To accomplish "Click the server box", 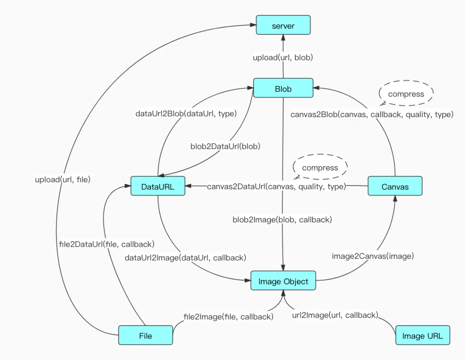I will point(283,25).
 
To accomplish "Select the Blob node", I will point(283,89).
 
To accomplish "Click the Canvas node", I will point(395,186).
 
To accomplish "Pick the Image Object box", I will point(283,281).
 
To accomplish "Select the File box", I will point(146,335).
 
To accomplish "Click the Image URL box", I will point(422,335).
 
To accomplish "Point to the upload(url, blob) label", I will point(282,57).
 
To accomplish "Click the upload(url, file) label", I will point(63,180).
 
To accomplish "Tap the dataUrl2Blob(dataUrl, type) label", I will point(186,114).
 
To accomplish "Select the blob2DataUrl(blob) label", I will point(225,146).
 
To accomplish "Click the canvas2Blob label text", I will point(372,114).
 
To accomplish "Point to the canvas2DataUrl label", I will point(276,186).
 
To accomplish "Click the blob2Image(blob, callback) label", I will point(282,220).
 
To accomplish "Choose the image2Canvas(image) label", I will point(373,256).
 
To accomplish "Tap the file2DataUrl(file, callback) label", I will point(107,244).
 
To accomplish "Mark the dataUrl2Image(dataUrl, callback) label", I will point(185,258).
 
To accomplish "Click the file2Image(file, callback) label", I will point(228,317).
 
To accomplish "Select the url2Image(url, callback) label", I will point(335,315).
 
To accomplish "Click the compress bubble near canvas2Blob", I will point(406,94).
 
